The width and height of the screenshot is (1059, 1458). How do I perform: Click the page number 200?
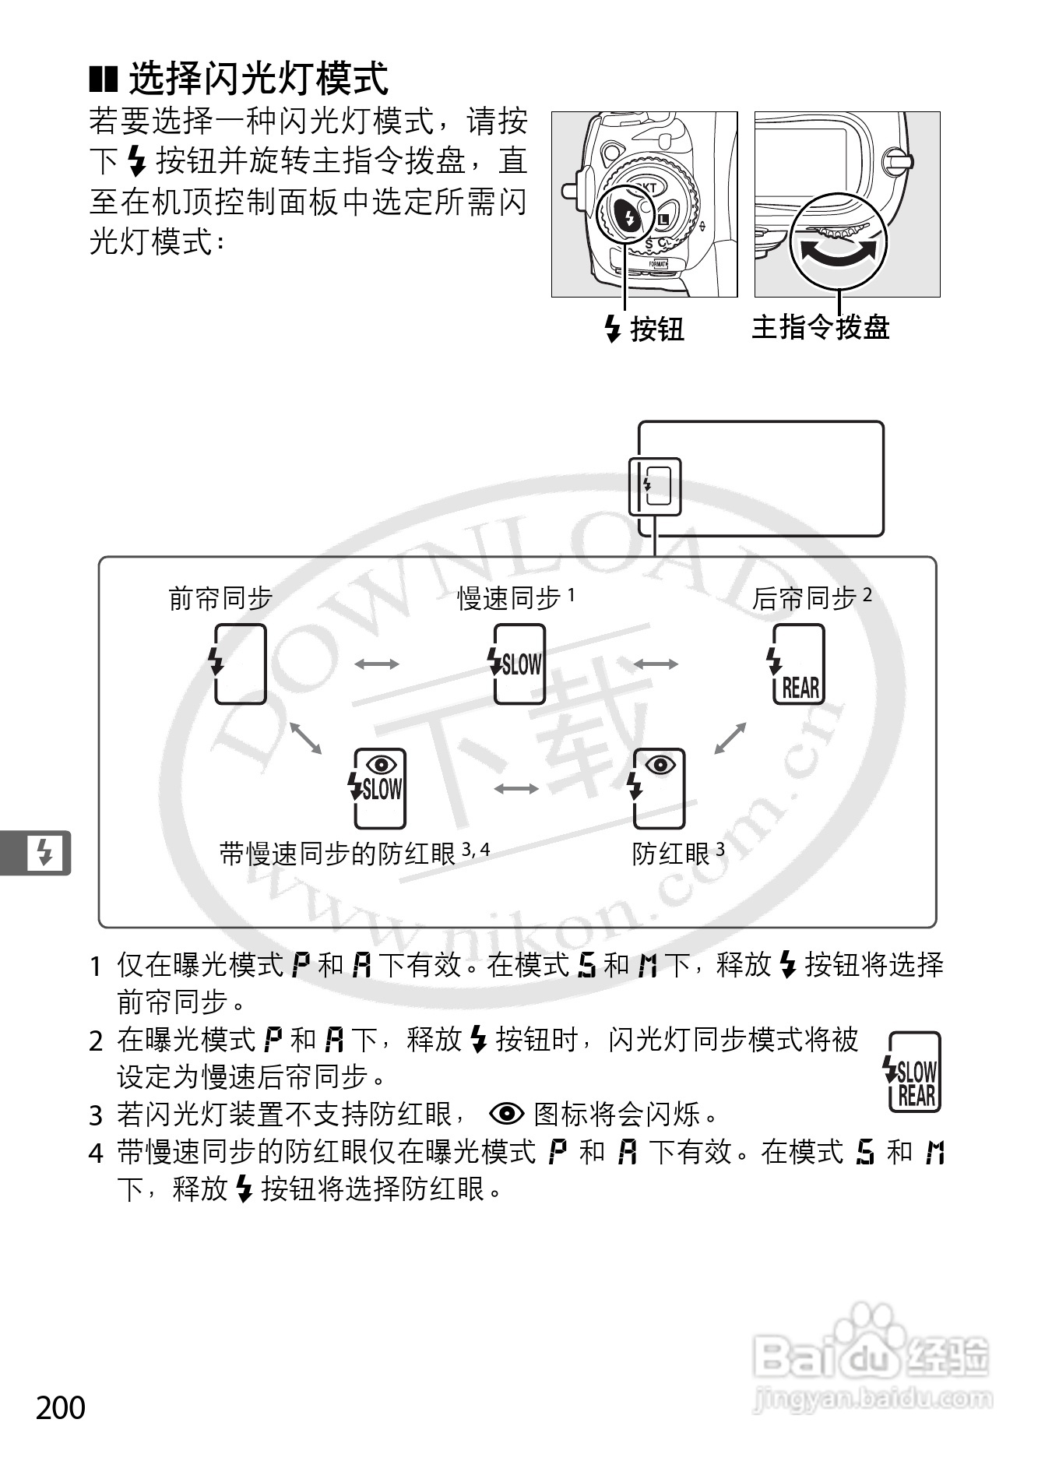(x=61, y=1407)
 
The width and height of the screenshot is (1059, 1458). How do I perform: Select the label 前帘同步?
(x=220, y=598)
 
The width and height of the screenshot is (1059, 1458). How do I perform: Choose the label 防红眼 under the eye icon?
(x=670, y=854)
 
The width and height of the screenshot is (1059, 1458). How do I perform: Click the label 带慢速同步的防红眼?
(x=338, y=854)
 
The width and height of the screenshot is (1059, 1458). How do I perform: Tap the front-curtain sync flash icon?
(x=240, y=664)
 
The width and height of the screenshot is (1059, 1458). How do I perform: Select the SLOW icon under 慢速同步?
(x=519, y=664)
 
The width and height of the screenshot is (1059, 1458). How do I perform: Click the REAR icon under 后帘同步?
(x=797, y=664)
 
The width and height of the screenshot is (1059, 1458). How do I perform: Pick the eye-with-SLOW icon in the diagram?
(x=379, y=788)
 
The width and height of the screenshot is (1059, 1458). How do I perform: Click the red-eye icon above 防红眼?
(x=659, y=788)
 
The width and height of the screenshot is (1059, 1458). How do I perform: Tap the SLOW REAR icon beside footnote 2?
(x=913, y=1072)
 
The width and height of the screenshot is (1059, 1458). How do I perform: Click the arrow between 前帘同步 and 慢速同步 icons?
(x=377, y=664)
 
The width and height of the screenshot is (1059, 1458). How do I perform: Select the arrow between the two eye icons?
(x=516, y=788)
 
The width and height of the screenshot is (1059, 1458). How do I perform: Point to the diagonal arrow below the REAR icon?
(x=730, y=738)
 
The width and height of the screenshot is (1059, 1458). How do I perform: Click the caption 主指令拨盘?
(x=820, y=327)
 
